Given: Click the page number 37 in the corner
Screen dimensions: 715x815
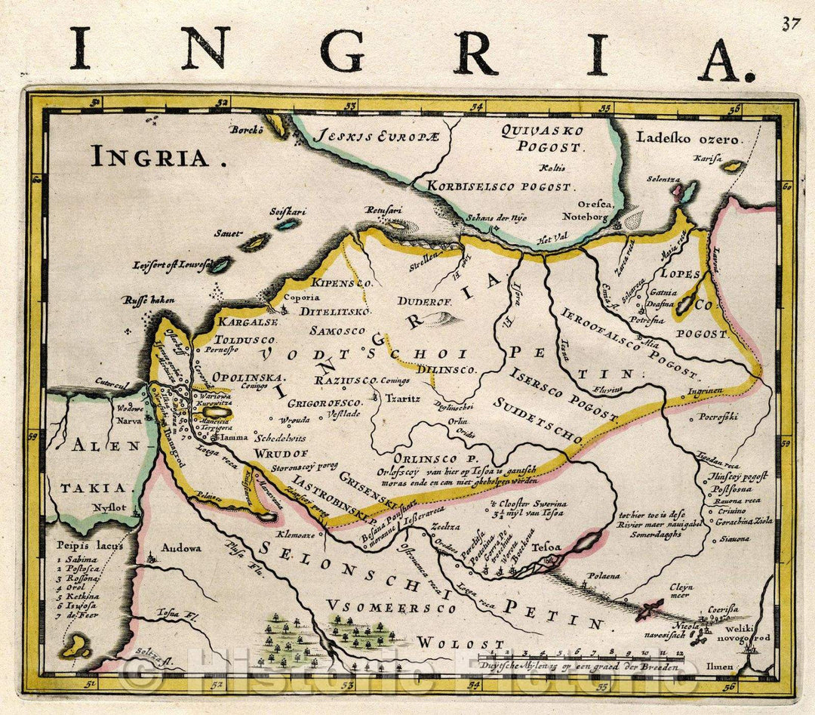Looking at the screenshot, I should (x=790, y=23).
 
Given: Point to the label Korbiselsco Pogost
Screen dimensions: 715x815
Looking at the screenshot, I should (x=500, y=186).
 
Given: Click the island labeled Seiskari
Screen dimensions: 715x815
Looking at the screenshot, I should (x=288, y=223).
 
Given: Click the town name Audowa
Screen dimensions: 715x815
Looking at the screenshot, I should (x=181, y=548).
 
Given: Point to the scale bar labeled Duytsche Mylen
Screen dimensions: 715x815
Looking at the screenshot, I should (x=587, y=659).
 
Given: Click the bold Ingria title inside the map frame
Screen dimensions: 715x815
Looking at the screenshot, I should (x=149, y=157).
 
